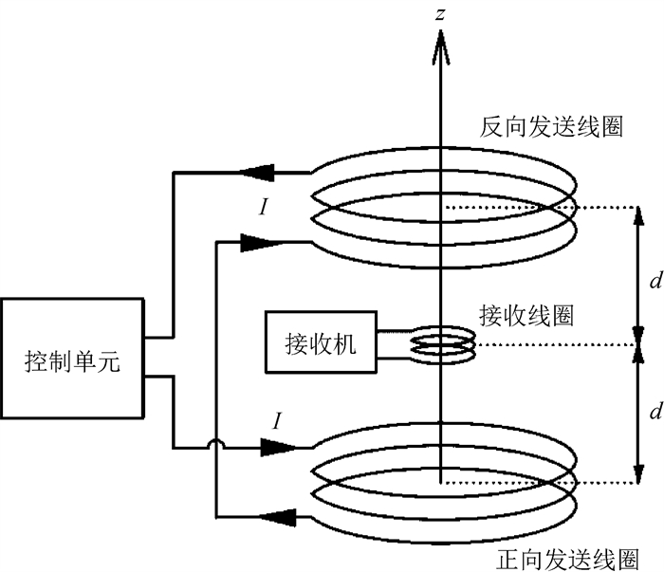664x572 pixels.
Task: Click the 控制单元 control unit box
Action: coord(72,360)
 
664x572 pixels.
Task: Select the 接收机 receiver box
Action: coord(321,343)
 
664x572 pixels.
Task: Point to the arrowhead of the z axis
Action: coord(439,38)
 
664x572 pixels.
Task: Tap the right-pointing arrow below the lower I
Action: coord(270,448)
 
